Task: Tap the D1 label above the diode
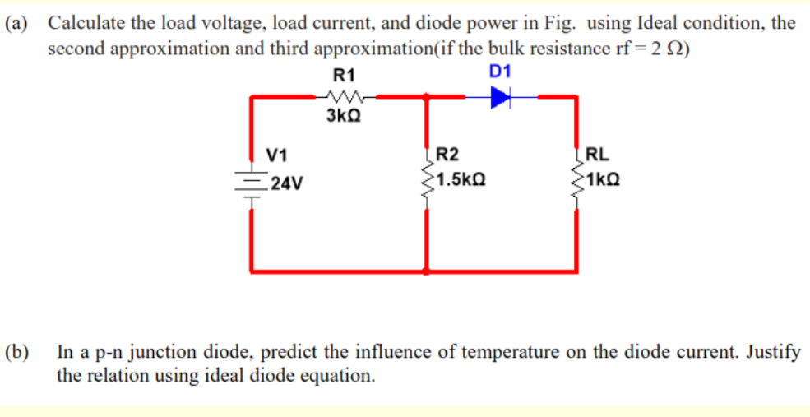(500, 72)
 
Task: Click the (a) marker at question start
(18, 23)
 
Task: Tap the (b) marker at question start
(18, 354)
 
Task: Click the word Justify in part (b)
(774, 354)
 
